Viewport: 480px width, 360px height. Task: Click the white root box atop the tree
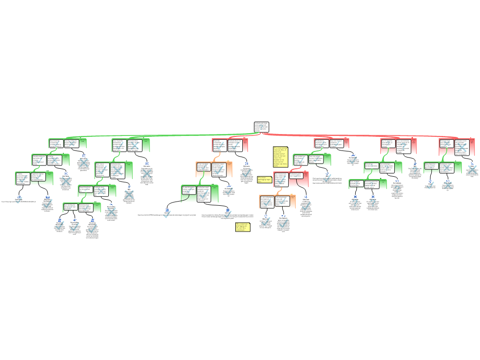[261, 127]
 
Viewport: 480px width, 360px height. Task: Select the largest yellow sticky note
[280, 157]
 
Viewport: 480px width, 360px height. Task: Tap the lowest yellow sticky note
[242, 227]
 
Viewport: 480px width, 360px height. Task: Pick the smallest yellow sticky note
[264, 180]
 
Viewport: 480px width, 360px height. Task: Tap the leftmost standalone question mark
[355, 203]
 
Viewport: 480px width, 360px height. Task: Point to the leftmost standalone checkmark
[19, 200]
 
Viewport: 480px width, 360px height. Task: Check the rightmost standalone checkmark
[430, 185]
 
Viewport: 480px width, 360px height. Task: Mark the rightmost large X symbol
[472, 170]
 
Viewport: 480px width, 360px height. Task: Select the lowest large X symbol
[111, 212]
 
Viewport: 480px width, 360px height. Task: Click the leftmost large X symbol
[66, 181]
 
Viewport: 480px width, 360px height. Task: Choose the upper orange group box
[214, 169]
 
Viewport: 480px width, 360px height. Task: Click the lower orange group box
[277, 202]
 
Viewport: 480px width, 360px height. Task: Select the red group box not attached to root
[291, 179]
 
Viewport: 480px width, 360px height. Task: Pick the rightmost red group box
[457, 147]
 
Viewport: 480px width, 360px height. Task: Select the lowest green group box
[82, 207]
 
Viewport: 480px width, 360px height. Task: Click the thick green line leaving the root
[155, 136]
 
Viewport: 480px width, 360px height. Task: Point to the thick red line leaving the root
[356, 136]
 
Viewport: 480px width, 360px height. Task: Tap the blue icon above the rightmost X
[472, 163]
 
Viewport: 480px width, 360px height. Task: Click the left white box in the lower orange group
[267, 202]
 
